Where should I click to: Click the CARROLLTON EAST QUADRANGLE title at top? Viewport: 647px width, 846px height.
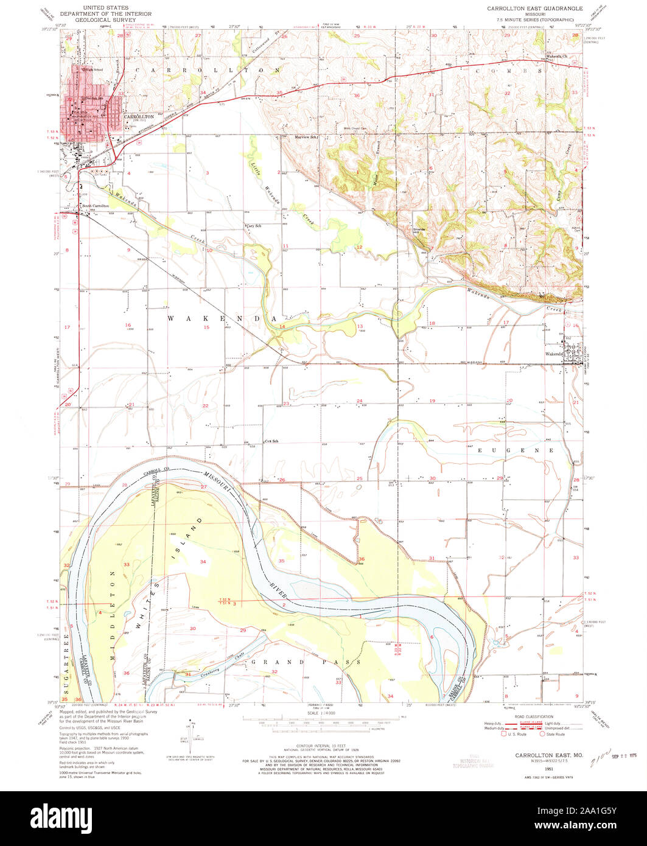(x=534, y=9)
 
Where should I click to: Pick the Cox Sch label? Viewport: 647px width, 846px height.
(x=271, y=441)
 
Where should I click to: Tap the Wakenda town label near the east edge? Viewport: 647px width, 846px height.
(x=554, y=354)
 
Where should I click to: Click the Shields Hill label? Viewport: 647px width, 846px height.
(x=419, y=231)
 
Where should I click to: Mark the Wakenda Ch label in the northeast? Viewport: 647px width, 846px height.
(x=556, y=56)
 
